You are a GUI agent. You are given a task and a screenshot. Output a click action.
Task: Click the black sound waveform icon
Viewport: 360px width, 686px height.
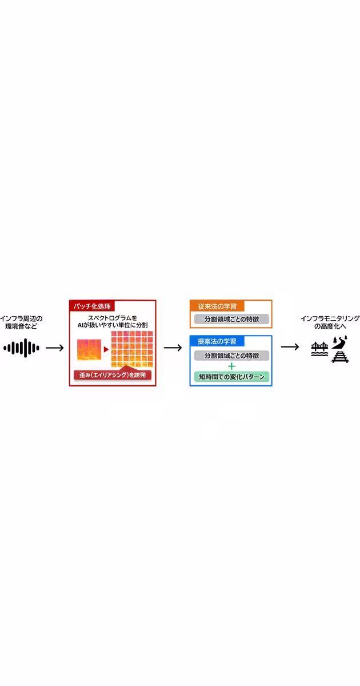22,348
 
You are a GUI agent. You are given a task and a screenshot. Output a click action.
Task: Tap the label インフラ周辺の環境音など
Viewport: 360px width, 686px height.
21,322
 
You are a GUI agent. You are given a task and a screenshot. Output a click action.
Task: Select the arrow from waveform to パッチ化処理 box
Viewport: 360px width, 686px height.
54,348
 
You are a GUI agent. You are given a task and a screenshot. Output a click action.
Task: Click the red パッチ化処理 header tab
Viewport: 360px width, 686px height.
92,306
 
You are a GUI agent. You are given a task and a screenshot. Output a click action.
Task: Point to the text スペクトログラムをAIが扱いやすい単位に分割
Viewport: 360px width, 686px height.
113,321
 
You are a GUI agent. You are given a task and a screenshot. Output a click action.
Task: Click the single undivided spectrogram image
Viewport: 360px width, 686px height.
89,350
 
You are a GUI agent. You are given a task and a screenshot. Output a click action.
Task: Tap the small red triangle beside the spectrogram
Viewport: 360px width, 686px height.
106,349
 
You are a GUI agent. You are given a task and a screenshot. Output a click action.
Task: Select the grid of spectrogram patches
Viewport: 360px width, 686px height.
132,349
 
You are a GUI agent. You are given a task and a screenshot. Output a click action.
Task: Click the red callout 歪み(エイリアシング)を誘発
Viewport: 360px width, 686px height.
113,374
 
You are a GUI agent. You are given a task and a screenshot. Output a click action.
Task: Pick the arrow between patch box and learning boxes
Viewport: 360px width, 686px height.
173,348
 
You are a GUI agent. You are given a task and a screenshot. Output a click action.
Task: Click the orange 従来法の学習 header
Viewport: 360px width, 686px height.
217,306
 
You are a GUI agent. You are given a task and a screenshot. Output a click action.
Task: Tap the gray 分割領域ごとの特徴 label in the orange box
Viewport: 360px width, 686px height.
232,319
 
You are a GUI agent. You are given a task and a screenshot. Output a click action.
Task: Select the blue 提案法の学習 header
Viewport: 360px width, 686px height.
217,341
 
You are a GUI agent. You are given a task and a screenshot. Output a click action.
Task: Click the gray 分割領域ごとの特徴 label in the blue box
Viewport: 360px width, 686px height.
232,356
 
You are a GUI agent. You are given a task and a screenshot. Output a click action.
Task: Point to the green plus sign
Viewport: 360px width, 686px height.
232,366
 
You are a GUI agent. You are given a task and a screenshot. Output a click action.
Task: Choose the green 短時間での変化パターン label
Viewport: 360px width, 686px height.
232,377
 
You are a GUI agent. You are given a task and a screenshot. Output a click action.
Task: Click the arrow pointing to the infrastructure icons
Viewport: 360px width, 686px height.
290,347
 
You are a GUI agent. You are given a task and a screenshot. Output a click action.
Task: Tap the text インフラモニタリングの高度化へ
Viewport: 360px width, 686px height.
330,322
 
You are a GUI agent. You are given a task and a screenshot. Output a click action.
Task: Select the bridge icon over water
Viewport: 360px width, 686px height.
319,349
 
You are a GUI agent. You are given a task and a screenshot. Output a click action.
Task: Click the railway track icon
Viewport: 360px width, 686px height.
340,357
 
